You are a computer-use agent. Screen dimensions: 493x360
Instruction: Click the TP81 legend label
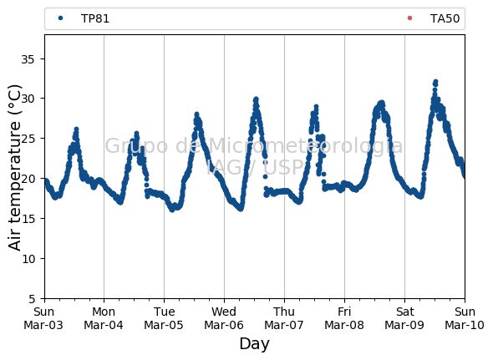click(95, 18)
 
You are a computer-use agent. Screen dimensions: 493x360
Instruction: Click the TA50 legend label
click(445, 18)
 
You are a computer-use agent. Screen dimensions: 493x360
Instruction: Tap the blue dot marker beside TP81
click(61, 18)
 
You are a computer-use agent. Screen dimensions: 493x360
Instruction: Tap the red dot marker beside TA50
click(409, 18)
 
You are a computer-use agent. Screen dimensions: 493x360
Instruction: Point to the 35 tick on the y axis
click(28, 58)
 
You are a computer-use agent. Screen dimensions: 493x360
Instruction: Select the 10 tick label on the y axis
click(28, 259)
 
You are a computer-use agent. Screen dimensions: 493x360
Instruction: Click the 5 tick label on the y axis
click(32, 299)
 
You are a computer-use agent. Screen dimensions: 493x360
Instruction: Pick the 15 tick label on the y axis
click(28, 219)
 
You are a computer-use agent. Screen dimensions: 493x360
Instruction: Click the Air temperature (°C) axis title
click(14, 167)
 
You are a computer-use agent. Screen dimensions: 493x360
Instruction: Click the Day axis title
click(254, 343)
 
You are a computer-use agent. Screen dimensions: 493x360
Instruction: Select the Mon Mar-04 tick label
click(104, 318)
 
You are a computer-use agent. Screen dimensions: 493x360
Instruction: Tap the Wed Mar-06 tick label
click(224, 318)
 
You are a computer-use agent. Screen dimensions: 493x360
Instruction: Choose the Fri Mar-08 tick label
click(344, 318)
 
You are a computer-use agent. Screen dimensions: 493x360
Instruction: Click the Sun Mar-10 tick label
click(465, 318)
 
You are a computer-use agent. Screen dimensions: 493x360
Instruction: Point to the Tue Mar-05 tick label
click(164, 318)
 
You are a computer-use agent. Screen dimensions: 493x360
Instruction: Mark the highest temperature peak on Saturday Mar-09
click(435, 83)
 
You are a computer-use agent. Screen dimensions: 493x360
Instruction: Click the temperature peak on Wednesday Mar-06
click(256, 99)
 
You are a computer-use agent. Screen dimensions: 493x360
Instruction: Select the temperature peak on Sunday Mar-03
click(76, 129)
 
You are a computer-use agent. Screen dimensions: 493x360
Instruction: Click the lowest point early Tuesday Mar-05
click(172, 210)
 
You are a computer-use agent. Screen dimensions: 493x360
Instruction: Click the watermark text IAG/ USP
click(255, 168)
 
